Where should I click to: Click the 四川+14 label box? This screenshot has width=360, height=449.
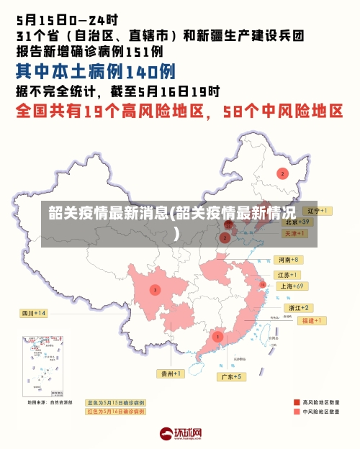pos(33,313)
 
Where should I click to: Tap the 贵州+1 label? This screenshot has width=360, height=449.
pos(171,373)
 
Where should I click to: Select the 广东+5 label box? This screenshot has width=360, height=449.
pos(233,376)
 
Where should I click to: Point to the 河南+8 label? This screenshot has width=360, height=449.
pos(288,259)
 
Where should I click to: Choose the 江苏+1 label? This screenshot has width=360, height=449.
pos(288,275)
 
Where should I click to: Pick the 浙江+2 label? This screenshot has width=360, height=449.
pos(297,307)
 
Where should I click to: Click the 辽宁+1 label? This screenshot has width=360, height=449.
pos(317,211)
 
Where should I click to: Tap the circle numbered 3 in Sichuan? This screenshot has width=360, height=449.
pos(155,289)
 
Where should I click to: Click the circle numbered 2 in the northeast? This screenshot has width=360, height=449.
pos(282,173)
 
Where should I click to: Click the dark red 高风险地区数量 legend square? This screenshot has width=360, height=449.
pos(297,402)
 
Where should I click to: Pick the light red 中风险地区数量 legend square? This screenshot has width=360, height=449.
pos(297,412)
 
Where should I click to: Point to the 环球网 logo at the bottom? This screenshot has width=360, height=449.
pos(180,433)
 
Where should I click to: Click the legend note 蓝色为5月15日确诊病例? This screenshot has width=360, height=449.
pos(115,402)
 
